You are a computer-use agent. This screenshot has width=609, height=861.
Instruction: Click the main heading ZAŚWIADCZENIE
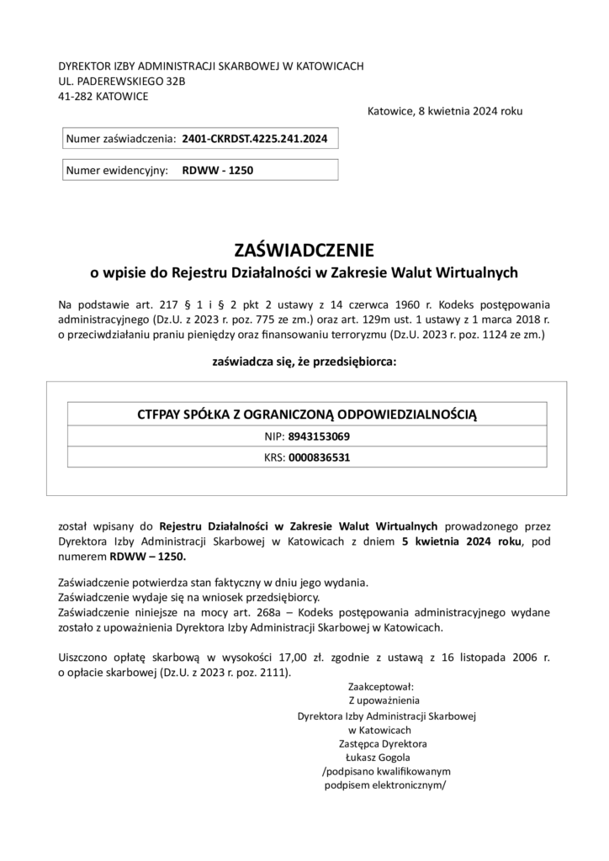coord(304,250)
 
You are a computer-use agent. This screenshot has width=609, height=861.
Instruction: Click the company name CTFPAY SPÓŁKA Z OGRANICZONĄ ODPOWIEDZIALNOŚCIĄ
coord(306,414)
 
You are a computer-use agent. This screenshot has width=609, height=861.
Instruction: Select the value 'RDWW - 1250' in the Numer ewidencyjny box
coord(217,170)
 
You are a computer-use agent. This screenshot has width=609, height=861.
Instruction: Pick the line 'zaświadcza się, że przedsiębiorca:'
coord(304,362)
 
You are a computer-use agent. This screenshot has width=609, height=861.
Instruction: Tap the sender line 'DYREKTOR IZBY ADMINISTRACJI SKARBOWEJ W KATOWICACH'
coord(210,66)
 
